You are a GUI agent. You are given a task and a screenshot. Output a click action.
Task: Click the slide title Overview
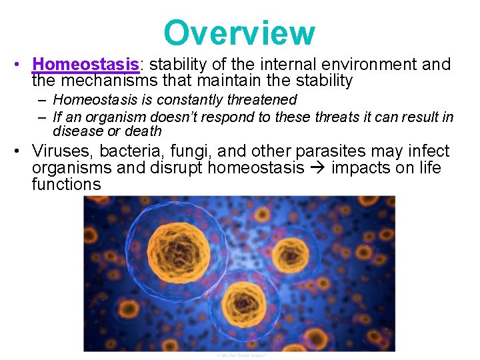pos(239,33)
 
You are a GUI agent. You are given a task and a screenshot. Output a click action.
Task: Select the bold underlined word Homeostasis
pos(86,65)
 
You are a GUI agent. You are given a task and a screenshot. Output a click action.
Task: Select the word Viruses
pos(63,151)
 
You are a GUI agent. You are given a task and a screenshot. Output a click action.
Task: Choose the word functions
pos(66,185)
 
